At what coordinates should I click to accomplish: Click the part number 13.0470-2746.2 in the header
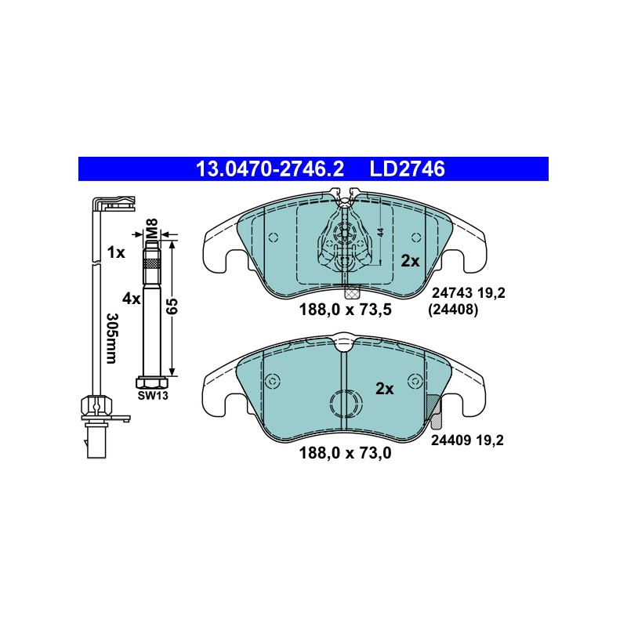click(270, 169)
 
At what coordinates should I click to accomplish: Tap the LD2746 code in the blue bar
click(407, 169)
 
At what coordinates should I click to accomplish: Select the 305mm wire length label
click(111, 339)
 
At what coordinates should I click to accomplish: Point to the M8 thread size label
click(152, 229)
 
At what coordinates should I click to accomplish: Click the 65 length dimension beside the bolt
click(172, 306)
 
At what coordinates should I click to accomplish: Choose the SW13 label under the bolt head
click(153, 396)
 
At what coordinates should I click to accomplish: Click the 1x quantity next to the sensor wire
click(116, 252)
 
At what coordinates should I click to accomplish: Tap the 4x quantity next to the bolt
click(132, 299)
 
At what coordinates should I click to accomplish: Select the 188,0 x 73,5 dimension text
click(345, 309)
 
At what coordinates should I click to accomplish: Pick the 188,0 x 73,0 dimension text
click(345, 453)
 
